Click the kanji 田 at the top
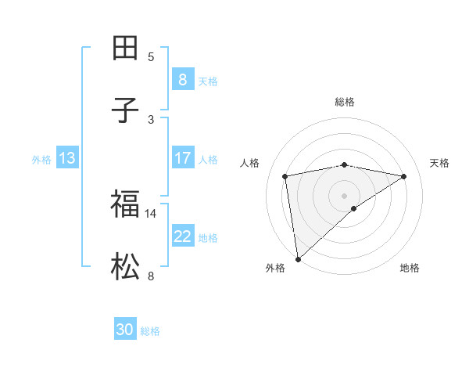pyautogui.click(x=126, y=48)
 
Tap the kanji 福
pyautogui.click(x=126, y=204)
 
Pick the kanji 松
pyautogui.click(x=126, y=268)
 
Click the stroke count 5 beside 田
pyautogui.click(x=151, y=56)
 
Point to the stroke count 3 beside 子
pyautogui.click(x=151, y=119)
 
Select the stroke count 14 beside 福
pyautogui.click(x=151, y=213)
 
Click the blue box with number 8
pyautogui.click(x=182, y=79)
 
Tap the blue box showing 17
pyautogui.click(x=182, y=158)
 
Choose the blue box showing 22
pyautogui.click(x=182, y=236)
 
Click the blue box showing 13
pyautogui.click(x=67, y=158)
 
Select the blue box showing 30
pyautogui.click(x=125, y=330)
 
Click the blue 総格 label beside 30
pyautogui.click(x=150, y=331)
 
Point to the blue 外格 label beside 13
pyautogui.click(x=41, y=160)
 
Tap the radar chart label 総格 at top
pyautogui.click(x=345, y=102)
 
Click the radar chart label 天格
pyautogui.click(x=439, y=163)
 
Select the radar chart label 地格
pyautogui.click(x=410, y=268)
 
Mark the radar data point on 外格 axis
pyautogui.click(x=298, y=258)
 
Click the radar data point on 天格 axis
pyautogui.click(x=404, y=176)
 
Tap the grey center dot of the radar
pyautogui.click(x=345, y=195)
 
